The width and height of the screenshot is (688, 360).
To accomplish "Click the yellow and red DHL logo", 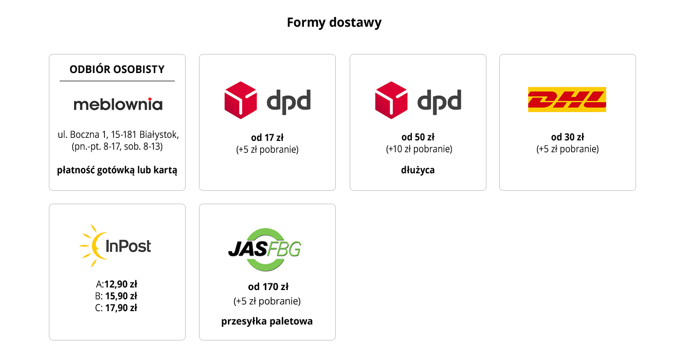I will [x=567, y=99].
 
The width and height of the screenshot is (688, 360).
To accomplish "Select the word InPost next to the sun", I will [x=128, y=246].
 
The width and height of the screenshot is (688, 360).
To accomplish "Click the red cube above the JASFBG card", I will [x=240, y=100].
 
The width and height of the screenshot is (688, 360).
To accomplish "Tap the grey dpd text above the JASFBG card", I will [x=288, y=102].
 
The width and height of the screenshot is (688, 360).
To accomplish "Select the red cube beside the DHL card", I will [x=391, y=100].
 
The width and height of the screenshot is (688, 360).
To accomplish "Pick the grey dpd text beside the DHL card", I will [x=439, y=102].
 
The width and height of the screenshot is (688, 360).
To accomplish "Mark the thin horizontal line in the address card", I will [x=117, y=81].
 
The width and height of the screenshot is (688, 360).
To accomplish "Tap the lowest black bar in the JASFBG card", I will [x=267, y=322].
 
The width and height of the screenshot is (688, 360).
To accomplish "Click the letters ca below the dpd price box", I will [x=428, y=170].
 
